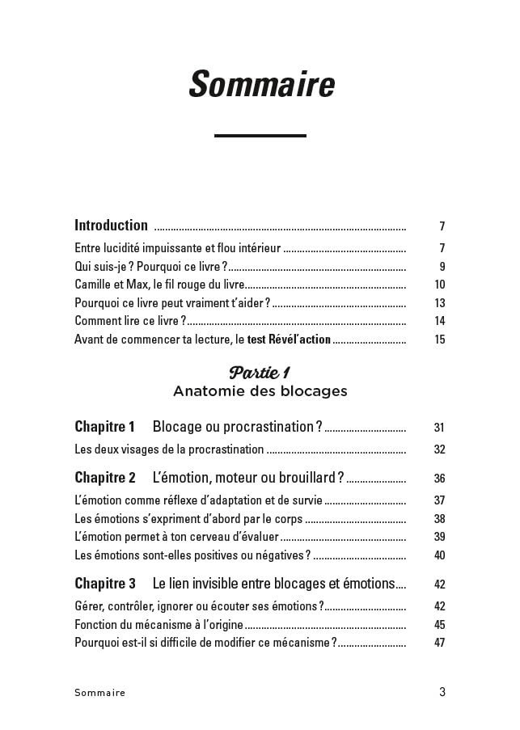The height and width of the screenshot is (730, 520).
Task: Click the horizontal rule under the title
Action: [x=260, y=136]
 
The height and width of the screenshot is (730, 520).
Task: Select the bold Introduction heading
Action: [x=111, y=226]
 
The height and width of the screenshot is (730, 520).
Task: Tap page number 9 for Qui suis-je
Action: [x=442, y=267]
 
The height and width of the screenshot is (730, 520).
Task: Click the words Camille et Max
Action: [x=104, y=285]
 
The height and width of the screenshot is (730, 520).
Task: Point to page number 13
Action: [x=440, y=303]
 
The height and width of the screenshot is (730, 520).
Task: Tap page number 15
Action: [x=440, y=340]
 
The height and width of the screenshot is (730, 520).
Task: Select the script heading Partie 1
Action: [x=260, y=373]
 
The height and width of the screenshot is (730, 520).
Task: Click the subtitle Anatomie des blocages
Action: [x=260, y=391]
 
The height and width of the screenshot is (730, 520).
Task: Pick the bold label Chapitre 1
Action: [x=104, y=427]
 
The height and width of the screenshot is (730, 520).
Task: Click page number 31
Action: [x=440, y=428]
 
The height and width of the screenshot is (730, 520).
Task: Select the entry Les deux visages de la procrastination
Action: [x=169, y=449]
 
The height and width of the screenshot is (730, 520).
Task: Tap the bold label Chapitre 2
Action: [x=104, y=478]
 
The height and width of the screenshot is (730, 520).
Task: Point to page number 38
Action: [x=440, y=519]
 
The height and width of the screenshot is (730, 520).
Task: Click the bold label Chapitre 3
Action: [x=104, y=584]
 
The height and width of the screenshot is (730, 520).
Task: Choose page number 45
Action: [x=440, y=625]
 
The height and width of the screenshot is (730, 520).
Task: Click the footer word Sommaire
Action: [x=99, y=693]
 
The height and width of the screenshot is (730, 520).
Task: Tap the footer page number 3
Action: [x=442, y=692]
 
